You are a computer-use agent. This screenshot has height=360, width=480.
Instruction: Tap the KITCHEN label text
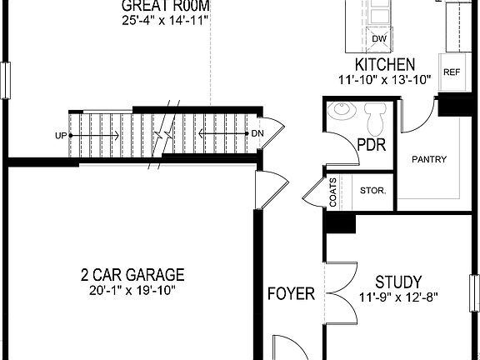pyautogui.click(x=385, y=65)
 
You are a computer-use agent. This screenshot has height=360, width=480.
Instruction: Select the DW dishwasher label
pyautogui.click(x=379, y=38)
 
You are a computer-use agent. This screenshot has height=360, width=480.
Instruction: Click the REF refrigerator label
pyautogui.click(x=452, y=72)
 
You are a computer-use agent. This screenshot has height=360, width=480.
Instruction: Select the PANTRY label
pyautogui.click(x=428, y=159)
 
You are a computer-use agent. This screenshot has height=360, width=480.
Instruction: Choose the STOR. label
pyautogui.click(x=372, y=191)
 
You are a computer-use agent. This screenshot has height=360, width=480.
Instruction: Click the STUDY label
pyautogui.click(x=397, y=282)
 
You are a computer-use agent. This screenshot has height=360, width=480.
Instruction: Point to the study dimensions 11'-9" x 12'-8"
pyautogui.click(x=397, y=297)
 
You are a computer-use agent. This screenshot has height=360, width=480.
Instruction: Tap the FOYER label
pyautogui.click(x=291, y=293)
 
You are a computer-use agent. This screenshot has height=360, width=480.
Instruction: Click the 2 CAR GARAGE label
pyautogui.click(x=132, y=275)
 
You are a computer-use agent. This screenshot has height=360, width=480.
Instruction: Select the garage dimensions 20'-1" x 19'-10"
pyautogui.click(x=132, y=290)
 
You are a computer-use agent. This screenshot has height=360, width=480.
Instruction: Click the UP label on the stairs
pyautogui.click(x=60, y=135)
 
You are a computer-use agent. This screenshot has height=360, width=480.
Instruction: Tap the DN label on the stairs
pyautogui.click(x=257, y=134)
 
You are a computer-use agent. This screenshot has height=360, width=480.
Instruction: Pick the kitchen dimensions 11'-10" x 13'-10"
pyautogui.click(x=385, y=79)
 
